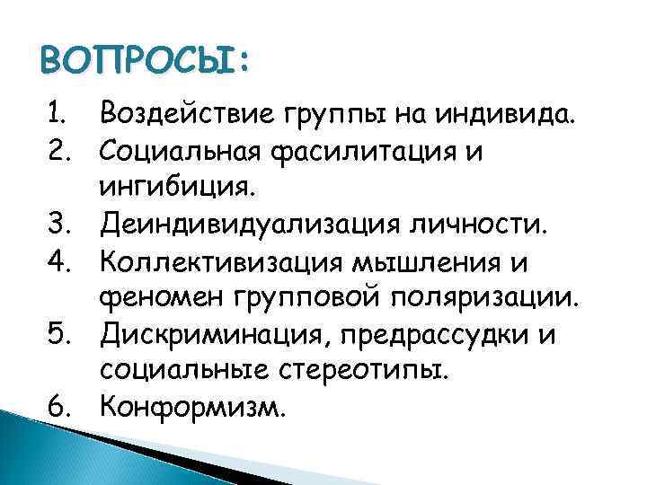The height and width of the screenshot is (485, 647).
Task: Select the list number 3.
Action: coord(60,222)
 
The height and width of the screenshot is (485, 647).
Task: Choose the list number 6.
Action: coord(60,408)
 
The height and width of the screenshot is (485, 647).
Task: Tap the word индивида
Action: coord(508,114)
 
